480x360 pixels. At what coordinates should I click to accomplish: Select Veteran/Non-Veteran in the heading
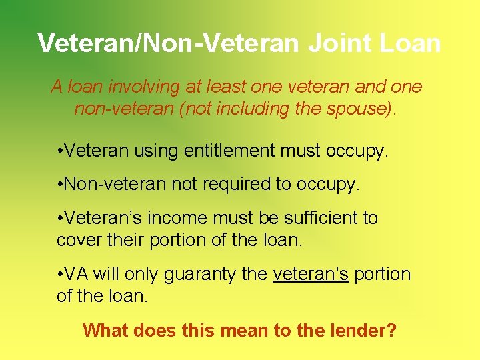(170, 43)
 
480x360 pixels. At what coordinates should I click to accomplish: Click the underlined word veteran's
(311, 274)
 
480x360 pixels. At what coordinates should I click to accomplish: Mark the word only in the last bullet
(143, 274)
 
